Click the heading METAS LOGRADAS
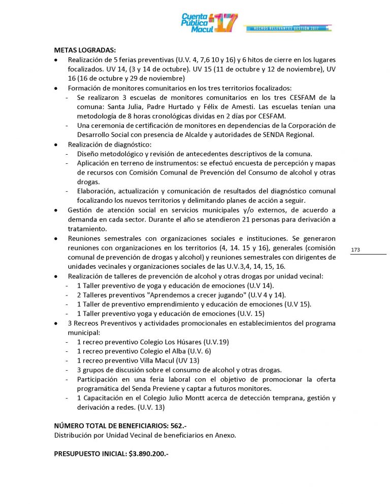[x=85, y=50]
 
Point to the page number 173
[x=355, y=249]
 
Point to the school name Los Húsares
[x=181, y=342]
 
